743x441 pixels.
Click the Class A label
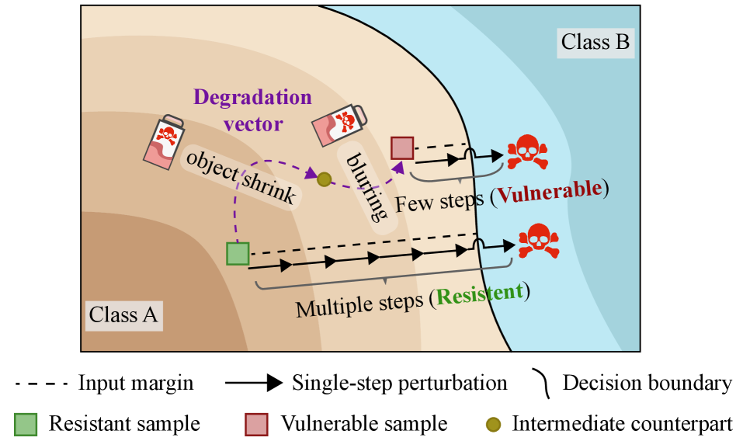[x=123, y=315]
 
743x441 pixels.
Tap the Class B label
[x=595, y=42]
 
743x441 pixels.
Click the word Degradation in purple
[x=252, y=98]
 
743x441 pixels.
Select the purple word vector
[x=252, y=123]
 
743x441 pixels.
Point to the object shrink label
[x=240, y=176]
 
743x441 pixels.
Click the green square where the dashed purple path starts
[x=238, y=254]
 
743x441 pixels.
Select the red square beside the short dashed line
[x=402, y=148]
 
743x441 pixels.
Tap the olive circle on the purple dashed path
[x=325, y=179]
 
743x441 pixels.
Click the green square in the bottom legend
[x=26, y=425]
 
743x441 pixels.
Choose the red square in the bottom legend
[x=256, y=425]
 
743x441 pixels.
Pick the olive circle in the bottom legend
[x=493, y=425]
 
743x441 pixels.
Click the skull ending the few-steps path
[x=527, y=152]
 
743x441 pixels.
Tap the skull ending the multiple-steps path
[x=538, y=241]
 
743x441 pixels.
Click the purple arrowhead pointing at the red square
[x=398, y=165]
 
